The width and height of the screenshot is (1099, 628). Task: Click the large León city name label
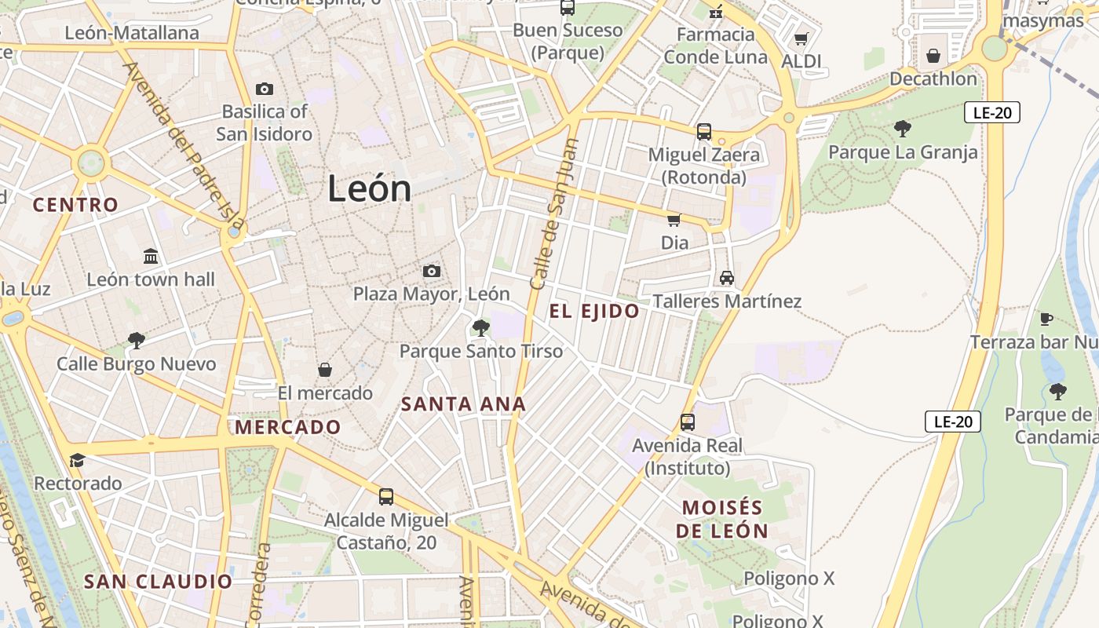369,189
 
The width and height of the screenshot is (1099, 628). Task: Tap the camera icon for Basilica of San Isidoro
265,89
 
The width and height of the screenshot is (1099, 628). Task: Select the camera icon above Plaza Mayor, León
431,271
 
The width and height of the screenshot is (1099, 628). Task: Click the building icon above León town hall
151,256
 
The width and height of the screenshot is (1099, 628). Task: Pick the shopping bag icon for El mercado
324,370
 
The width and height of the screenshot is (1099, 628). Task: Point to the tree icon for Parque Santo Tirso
480,327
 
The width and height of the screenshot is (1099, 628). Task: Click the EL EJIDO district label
594,312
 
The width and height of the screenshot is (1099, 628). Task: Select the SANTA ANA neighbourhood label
463,404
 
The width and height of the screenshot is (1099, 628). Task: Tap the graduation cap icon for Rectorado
77,460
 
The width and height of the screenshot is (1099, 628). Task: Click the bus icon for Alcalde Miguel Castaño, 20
385,496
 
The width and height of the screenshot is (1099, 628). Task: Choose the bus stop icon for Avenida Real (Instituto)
687,422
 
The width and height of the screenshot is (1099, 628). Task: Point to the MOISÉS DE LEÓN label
722,519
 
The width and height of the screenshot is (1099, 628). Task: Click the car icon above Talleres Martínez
727,278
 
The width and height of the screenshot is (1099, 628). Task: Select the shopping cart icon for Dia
674,220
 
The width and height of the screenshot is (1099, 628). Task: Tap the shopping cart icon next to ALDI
801,38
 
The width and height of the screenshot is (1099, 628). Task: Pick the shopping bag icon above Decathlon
933,56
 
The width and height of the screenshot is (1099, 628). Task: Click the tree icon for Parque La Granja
903,128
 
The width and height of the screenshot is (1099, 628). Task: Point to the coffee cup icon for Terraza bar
1046,319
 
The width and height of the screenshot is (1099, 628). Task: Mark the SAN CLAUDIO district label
158,582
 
